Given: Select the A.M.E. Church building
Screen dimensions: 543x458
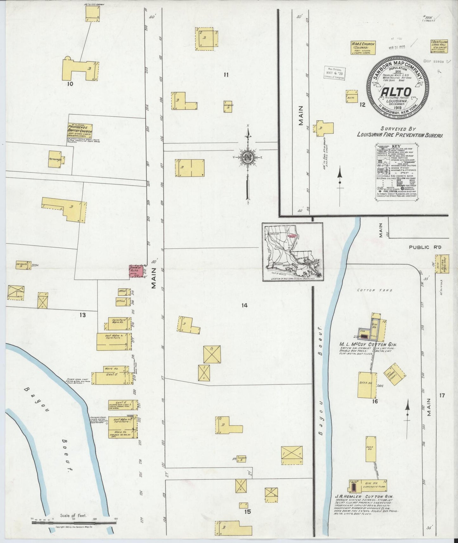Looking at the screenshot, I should pos(363,48).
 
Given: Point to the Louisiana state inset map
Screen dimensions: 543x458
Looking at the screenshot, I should pos(292,252).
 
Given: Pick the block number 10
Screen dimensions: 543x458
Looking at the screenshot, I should pos(70,84).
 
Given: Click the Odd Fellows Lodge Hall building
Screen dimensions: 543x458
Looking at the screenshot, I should pos(439,47).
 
